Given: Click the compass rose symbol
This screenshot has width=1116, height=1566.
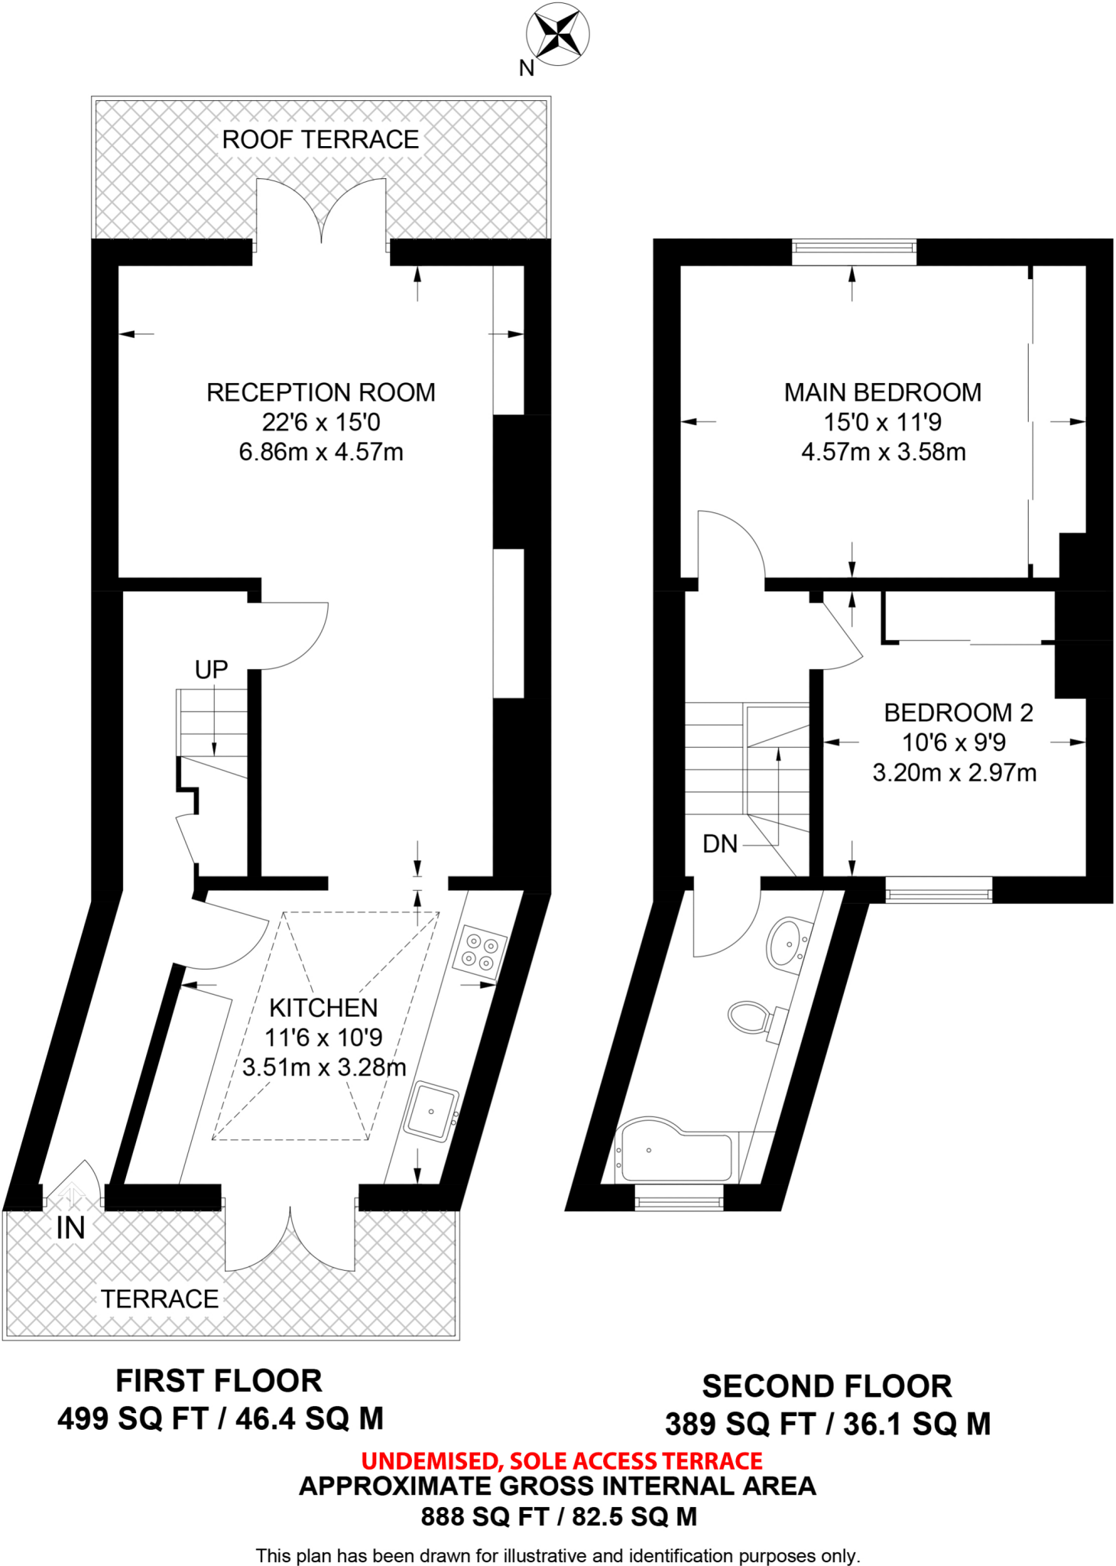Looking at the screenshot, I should point(557,34).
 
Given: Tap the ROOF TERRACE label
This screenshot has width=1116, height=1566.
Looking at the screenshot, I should point(320,140).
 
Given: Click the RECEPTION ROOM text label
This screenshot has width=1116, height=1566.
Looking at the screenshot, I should point(320,392).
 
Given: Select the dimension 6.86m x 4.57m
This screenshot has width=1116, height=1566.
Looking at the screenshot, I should point(320,452).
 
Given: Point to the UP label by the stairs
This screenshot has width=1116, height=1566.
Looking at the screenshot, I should point(211,670).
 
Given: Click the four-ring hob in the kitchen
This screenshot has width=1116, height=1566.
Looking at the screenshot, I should point(479,952).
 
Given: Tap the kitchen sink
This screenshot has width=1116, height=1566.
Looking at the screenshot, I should point(431,1111).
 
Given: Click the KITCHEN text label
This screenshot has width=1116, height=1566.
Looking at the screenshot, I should point(323,1008).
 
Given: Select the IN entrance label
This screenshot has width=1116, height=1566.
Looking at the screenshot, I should point(70,1229).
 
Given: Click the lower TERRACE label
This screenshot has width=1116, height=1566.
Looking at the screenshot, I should point(160,1299).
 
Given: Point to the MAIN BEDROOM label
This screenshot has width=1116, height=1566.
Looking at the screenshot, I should point(882,392).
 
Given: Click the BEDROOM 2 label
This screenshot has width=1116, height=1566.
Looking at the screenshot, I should point(958,713).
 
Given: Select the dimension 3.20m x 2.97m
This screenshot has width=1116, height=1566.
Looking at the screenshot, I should point(954,772).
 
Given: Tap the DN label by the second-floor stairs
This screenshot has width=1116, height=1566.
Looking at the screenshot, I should point(719,844).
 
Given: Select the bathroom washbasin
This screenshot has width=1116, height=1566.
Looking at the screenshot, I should point(787,944).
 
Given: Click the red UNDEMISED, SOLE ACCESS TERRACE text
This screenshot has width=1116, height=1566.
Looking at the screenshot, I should point(561,1461).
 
